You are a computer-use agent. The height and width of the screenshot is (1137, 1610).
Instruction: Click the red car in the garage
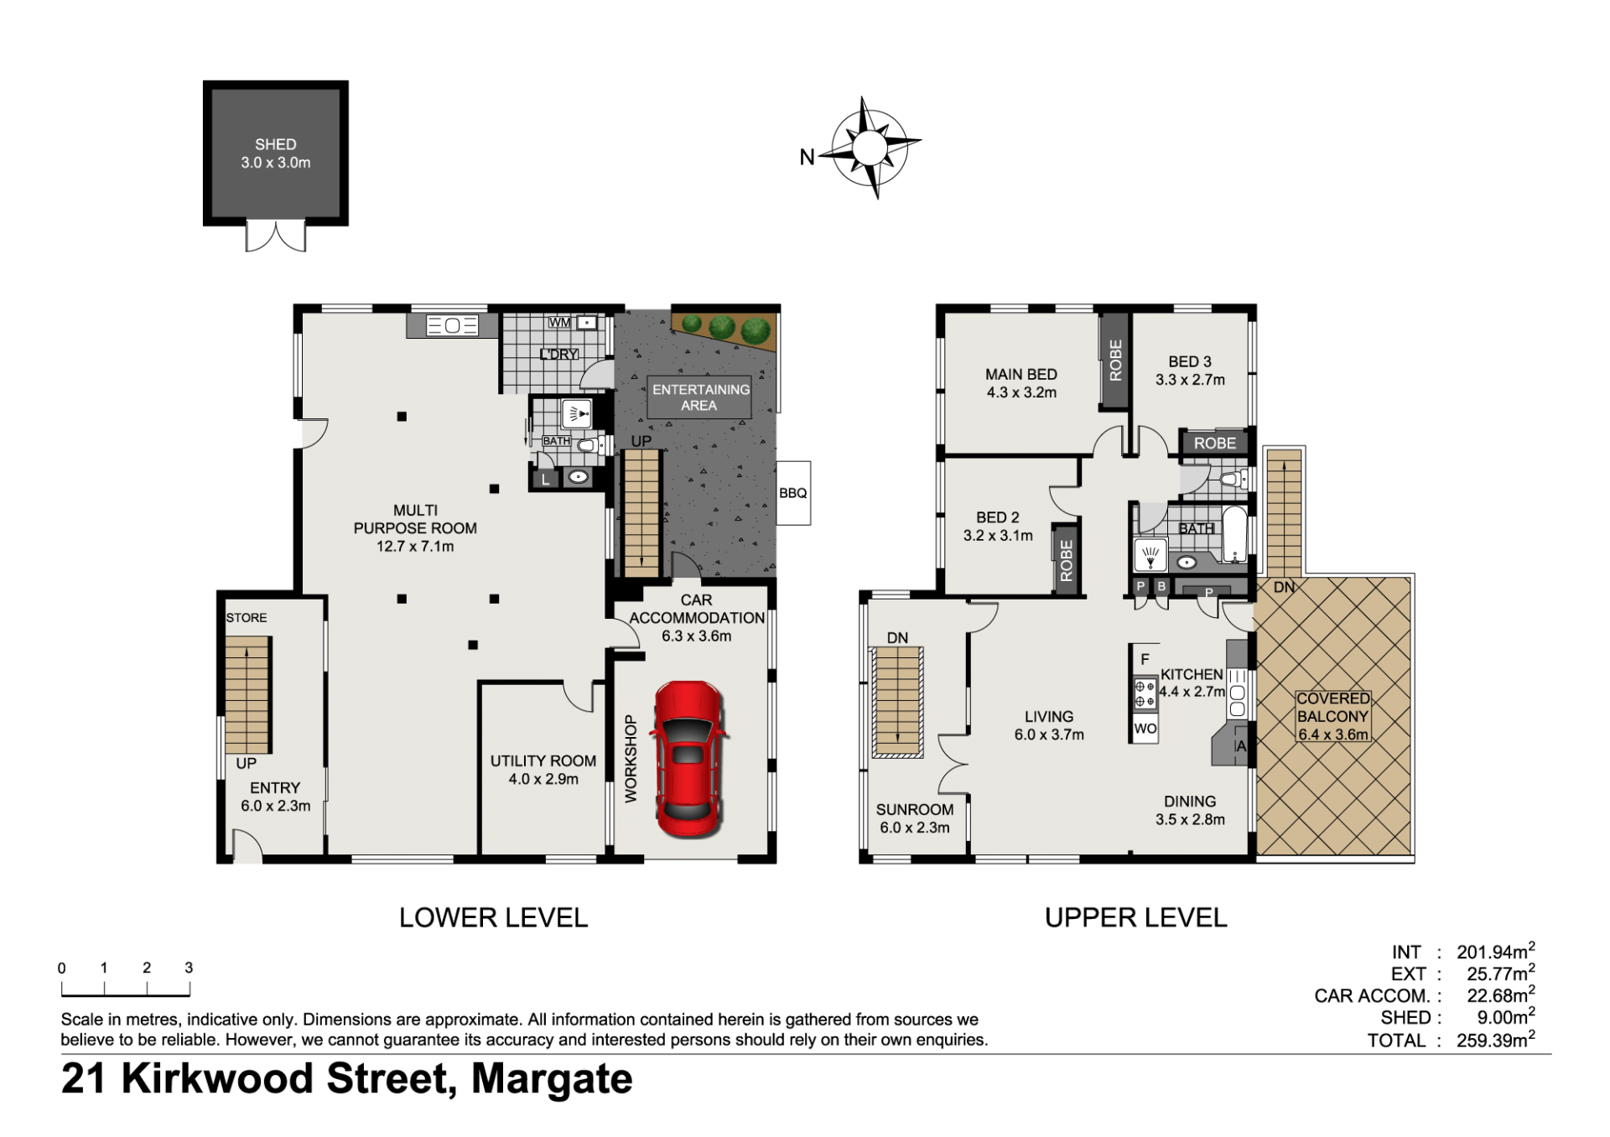coord(688,759)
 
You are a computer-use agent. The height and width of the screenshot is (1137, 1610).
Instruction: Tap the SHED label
coord(276,144)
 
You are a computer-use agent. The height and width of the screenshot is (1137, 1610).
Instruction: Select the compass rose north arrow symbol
coord(870,148)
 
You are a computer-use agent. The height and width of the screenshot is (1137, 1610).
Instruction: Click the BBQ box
coord(793,493)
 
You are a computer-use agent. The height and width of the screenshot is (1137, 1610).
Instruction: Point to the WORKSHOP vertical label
coord(631,759)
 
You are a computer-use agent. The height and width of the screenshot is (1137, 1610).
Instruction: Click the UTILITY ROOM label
coord(543,761)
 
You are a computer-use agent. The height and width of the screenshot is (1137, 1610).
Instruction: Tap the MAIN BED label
coord(1021,374)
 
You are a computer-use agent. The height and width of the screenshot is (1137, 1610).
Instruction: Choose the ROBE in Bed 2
coord(1067,560)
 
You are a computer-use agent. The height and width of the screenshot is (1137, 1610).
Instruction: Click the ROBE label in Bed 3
coord(1215,443)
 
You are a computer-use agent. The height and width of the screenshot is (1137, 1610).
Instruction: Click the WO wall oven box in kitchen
coord(1145,729)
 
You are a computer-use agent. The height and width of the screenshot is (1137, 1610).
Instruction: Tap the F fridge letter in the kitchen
coord(1145,659)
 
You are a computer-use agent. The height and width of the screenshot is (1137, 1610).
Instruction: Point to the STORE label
coord(247,617)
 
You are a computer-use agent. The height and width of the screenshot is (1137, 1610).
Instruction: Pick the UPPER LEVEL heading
coord(1135,917)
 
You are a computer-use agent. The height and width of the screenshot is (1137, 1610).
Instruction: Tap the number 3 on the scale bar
coord(189,968)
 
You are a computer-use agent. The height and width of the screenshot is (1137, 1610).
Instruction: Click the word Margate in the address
coord(552,1079)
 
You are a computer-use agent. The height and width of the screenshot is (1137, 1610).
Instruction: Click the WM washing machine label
coord(559,323)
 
